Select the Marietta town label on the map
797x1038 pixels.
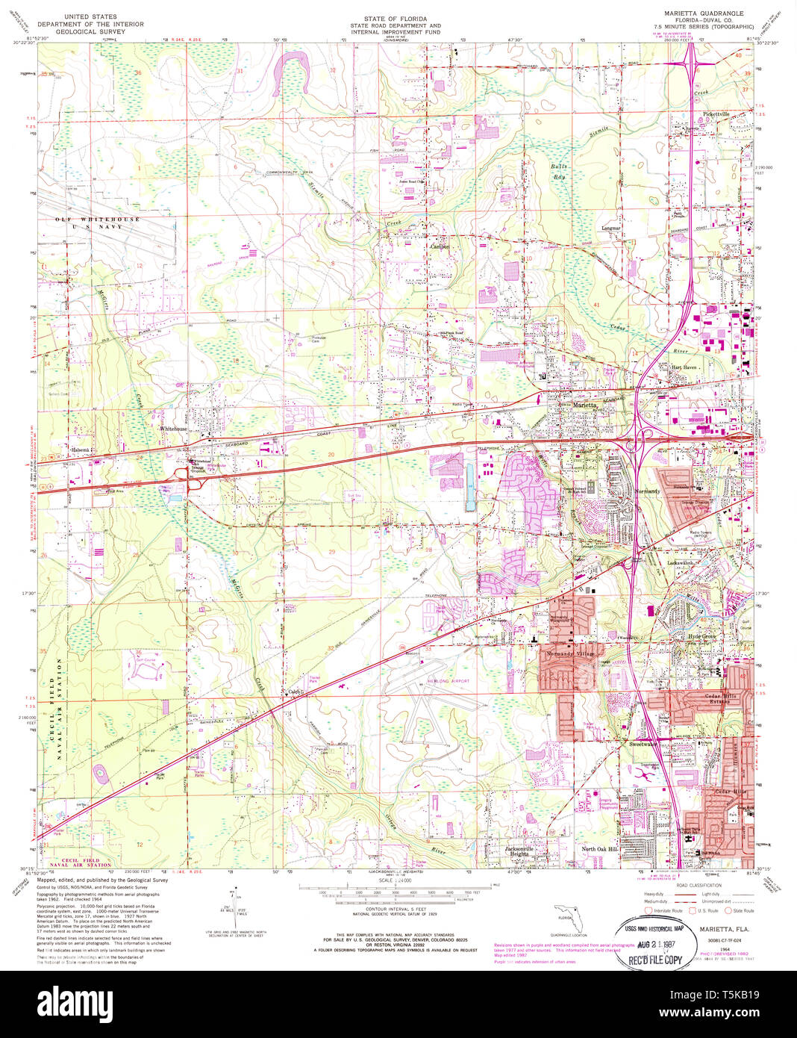(x=584, y=405)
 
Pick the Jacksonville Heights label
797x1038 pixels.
(x=519, y=851)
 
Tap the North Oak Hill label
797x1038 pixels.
(x=599, y=849)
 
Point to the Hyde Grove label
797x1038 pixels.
(x=702, y=636)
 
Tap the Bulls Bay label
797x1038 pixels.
(x=559, y=171)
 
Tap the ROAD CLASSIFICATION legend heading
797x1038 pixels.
(x=698, y=883)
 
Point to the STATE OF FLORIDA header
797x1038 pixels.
(x=396, y=18)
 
